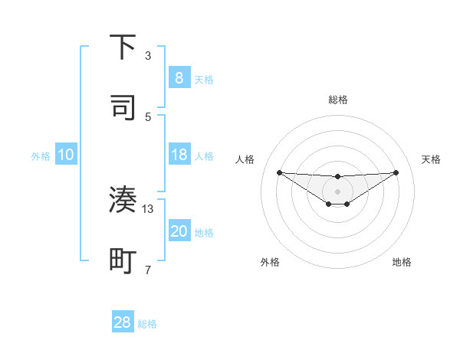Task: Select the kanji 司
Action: click(123, 106)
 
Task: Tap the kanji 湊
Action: click(123, 200)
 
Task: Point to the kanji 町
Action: click(123, 260)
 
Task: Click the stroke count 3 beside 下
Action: click(148, 56)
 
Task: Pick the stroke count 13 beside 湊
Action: click(148, 208)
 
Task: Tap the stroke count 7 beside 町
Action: click(148, 269)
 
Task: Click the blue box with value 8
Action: click(179, 77)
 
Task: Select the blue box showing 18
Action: click(179, 155)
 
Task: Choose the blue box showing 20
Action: click(179, 231)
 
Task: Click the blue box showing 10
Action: click(66, 155)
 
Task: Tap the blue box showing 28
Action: click(123, 322)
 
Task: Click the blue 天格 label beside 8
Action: click(204, 79)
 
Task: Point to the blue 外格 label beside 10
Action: click(41, 155)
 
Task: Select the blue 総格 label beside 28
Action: click(147, 323)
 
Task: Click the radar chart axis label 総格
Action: click(338, 100)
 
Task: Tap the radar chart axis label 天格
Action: click(432, 159)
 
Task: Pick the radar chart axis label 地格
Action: click(402, 262)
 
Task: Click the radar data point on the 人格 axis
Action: click(280, 172)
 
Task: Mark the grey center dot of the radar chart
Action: click(338, 191)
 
